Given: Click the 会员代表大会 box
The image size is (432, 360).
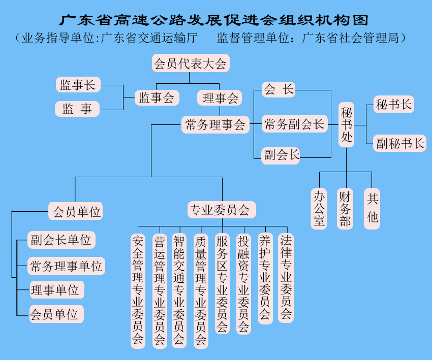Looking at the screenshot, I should [191, 64].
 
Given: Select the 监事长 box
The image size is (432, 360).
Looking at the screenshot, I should [78, 85].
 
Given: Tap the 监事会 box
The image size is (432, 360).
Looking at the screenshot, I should [157, 97].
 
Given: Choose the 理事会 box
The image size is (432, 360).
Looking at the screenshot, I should [220, 97].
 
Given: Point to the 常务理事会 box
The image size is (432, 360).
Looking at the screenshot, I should [215, 124].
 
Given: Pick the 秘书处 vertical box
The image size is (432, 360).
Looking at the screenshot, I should [347, 125].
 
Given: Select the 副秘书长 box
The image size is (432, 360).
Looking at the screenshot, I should [400, 143].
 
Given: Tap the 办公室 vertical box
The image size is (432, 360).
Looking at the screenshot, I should [319, 208].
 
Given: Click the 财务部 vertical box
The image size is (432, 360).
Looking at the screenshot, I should [346, 208].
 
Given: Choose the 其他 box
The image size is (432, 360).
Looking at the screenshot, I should [373, 208].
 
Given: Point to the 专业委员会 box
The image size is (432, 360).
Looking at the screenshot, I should [220, 210].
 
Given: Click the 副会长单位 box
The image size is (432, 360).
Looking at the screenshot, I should [61, 239].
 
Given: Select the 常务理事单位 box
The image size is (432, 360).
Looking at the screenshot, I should [66, 266].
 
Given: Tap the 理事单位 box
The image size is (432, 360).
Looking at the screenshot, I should [55, 290].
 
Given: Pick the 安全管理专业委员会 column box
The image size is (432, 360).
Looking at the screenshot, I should [138, 290].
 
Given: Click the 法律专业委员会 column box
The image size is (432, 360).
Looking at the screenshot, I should [286, 277].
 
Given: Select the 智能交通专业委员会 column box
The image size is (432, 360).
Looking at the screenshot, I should [179, 290].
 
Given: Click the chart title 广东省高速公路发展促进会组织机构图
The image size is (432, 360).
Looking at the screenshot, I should [213, 20].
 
